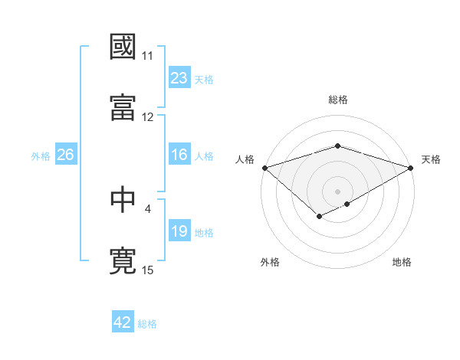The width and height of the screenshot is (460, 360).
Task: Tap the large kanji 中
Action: click(123, 199)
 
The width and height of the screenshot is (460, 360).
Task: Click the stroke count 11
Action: click(148, 56)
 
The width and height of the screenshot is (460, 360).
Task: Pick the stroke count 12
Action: click(148, 116)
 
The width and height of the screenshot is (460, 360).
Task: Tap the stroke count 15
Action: click(148, 269)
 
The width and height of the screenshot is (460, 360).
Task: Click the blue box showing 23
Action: click(179, 78)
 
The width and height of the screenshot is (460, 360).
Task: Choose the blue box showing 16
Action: click(179, 155)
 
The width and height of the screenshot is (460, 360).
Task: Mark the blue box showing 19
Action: click(179, 231)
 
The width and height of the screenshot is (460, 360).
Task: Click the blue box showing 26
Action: click(65, 155)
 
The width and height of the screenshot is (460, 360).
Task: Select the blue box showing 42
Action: click(123, 322)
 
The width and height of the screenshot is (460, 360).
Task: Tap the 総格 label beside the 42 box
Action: click(148, 324)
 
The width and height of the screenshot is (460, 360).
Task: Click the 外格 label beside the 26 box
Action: click(41, 156)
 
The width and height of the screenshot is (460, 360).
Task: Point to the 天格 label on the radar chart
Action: click(431, 159)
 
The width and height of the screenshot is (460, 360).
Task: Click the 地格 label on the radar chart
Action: click(402, 262)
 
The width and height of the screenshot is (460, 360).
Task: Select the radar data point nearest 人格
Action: click(264, 168)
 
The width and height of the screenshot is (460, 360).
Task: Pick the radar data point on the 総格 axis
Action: click(337, 146)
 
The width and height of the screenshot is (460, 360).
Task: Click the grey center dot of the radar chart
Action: click(337, 191)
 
